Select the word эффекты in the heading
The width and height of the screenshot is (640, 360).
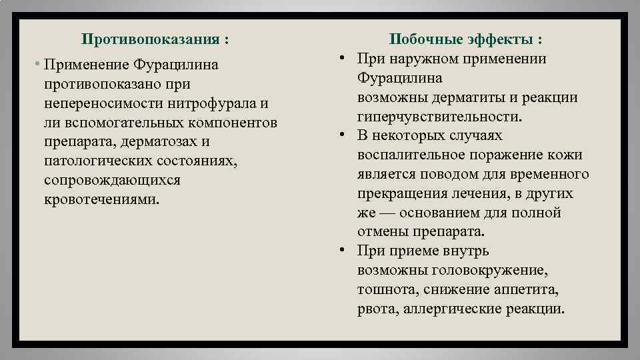point(500,39)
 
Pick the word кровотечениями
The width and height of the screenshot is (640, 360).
point(102,200)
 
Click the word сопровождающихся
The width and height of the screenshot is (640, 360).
point(112,181)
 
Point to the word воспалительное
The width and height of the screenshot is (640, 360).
point(416,155)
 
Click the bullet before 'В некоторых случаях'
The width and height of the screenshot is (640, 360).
point(341,135)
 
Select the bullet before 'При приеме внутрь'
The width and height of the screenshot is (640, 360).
point(341,251)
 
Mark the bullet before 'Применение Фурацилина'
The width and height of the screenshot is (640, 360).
point(39,65)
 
